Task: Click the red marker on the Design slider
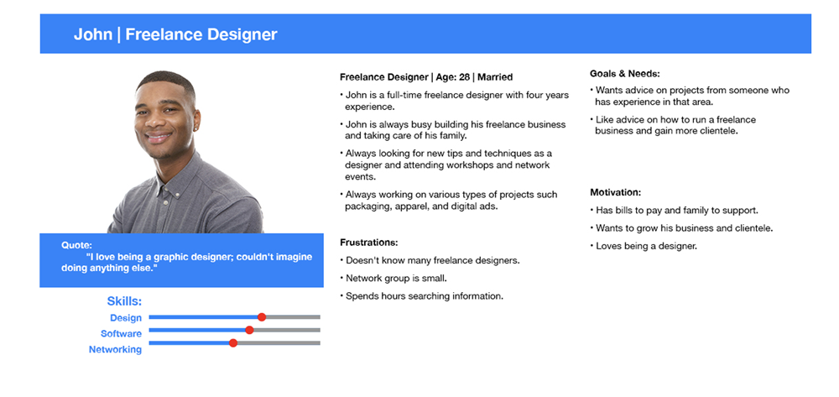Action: [262, 317]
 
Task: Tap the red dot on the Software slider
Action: [249, 330]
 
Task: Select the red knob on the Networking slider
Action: [232, 343]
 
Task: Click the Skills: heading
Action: [124, 301]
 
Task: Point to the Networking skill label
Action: [115, 349]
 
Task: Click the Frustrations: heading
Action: [369, 243]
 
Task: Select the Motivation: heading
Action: [615, 192]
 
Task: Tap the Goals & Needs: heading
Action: [625, 74]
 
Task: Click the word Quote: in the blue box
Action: [76, 246]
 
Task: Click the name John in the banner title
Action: [93, 34]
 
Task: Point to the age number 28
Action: [465, 77]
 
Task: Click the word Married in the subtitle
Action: [496, 77]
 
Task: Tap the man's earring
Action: [195, 128]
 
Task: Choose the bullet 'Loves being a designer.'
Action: [644, 247]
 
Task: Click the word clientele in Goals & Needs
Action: [719, 131]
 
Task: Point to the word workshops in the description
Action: [446, 165]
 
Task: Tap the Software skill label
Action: [122, 334]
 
